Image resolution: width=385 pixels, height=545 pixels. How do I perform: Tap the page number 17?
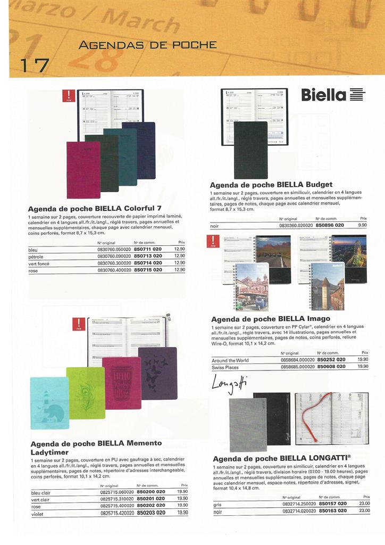[35, 65]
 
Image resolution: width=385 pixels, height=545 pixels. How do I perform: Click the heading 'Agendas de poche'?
[147, 45]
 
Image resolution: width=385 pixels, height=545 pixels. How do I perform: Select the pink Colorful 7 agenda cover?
[83, 170]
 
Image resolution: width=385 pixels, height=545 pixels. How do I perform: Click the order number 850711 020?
[148, 249]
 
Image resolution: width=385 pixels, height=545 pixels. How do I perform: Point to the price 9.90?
[363, 225]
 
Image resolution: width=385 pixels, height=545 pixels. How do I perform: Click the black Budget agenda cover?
[250, 150]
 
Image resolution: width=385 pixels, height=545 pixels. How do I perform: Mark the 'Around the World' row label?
[230, 360]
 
